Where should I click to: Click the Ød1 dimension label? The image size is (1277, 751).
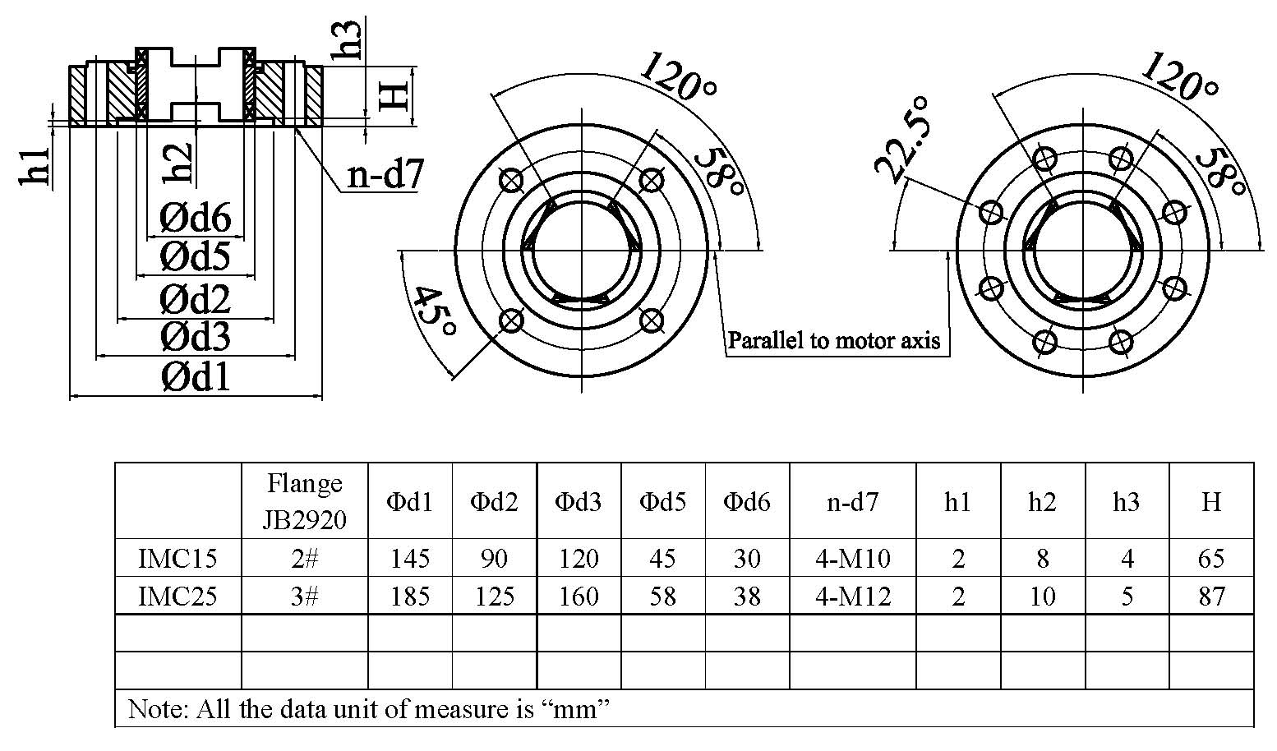click(196, 377)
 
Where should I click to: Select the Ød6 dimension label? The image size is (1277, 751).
click(196, 219)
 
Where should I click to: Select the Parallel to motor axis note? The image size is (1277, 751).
click(833, 340)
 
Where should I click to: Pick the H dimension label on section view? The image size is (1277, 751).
click(394, 95)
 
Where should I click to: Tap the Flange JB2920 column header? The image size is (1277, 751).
click(304, 500)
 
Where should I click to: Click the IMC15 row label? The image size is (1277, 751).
click(177, 559)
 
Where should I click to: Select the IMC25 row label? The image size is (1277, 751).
click(177, 596)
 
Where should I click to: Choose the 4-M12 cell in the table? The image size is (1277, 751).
click(852, 596)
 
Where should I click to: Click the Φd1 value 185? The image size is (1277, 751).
click(410, 596)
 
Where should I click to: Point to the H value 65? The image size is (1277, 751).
click(1211, 559)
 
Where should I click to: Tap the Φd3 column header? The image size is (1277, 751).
click(579, 501)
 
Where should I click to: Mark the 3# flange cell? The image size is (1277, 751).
click(304, 596)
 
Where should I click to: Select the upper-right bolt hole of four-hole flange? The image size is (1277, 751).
click(651, 179)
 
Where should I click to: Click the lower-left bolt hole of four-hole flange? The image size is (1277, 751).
click(511, 320)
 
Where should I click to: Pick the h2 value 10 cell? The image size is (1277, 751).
click(1042, 596)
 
